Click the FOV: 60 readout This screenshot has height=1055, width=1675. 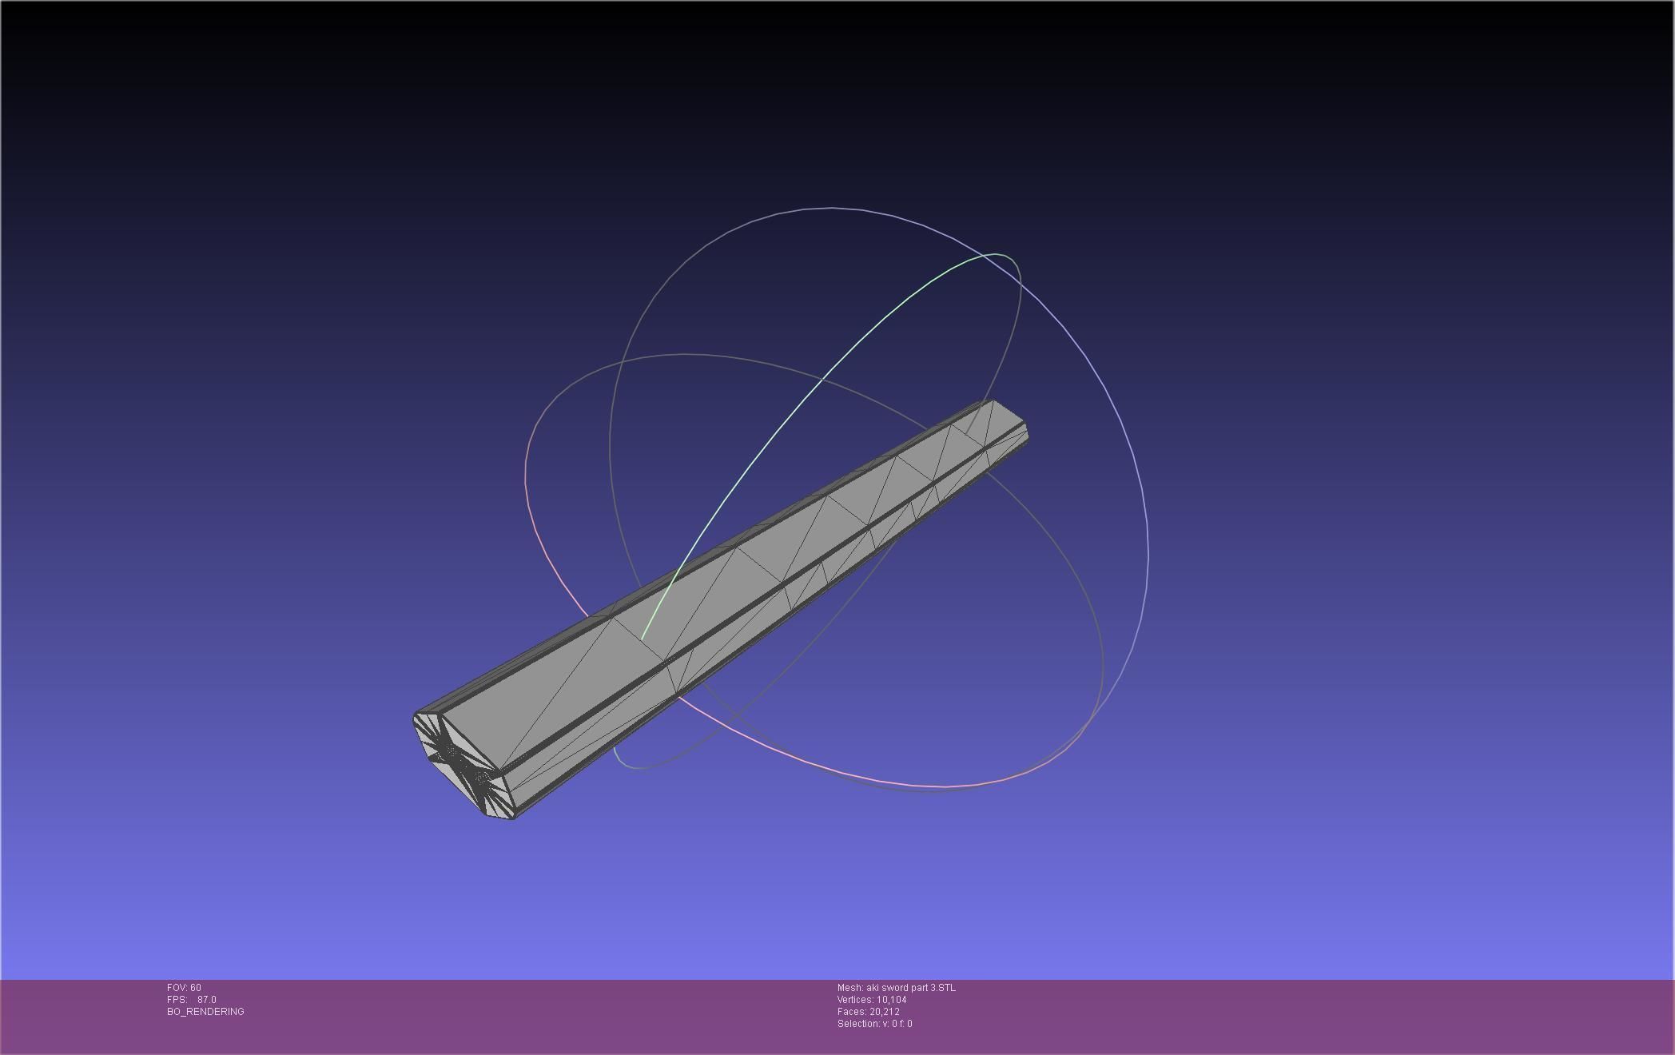pos(184,988)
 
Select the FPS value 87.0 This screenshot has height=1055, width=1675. pos(206,1000)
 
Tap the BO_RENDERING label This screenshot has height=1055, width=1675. pos(205,1012)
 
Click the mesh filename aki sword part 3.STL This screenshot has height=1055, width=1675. pos(911,988)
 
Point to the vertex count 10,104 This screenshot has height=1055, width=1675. pos(891,1000)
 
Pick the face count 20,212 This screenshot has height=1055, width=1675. pos(884,1012)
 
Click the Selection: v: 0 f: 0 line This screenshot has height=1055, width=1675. pos(874,1024)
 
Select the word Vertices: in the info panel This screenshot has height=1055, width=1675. pos(855,1000)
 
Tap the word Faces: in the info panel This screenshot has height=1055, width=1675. pos(852,1012)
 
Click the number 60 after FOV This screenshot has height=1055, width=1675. pos(196,988)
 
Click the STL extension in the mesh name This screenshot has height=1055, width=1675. pos(946,988)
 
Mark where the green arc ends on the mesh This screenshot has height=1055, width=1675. pos(643,639)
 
